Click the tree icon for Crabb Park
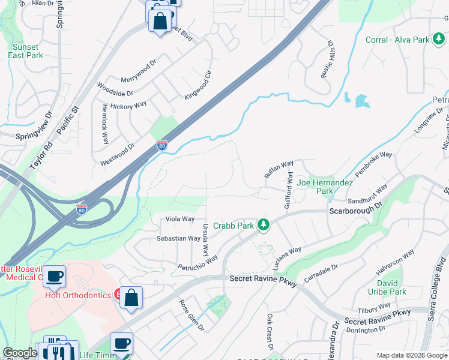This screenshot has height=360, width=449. click(x=263, y=225)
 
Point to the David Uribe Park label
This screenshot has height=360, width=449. click(x=391, y=287)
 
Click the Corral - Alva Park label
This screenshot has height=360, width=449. click(x=397, y=40)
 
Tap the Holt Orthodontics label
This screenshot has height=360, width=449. click(x=78, y=295)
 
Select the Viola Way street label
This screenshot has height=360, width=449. click(x=179, y=220)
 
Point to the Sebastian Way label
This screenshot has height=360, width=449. click(x=178, y=238)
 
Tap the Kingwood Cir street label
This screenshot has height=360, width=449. click(x=199, y=85)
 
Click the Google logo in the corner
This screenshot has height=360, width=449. click(x=20, y=353)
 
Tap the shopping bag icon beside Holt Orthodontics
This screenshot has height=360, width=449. click(x=131, y=297)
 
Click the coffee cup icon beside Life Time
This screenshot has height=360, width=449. click(x=121, y=344)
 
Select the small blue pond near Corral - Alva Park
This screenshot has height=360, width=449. click(x=361, y=100)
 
